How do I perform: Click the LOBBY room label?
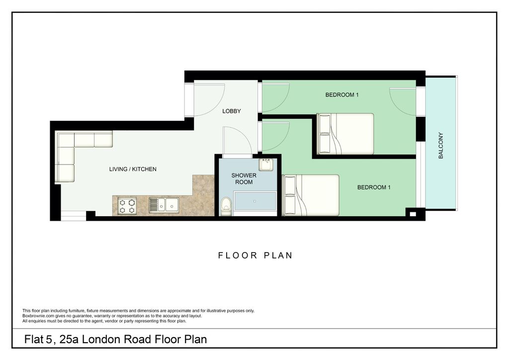pos(232,111)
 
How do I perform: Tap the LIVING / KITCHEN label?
pos(133,169)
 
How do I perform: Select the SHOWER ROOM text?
pos(244,179)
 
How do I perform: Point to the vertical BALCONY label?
pos(440,145)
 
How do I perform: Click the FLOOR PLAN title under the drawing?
pos(255,256)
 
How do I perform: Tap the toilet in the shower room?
pos(226,206)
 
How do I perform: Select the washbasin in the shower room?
pos(266,164)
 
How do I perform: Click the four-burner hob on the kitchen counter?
pos(126,205)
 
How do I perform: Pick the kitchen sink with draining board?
pos(164,205)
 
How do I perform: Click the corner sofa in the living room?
pos(75,149)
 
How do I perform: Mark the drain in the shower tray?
pos(255,202)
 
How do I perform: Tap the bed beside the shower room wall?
pos(311,195)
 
